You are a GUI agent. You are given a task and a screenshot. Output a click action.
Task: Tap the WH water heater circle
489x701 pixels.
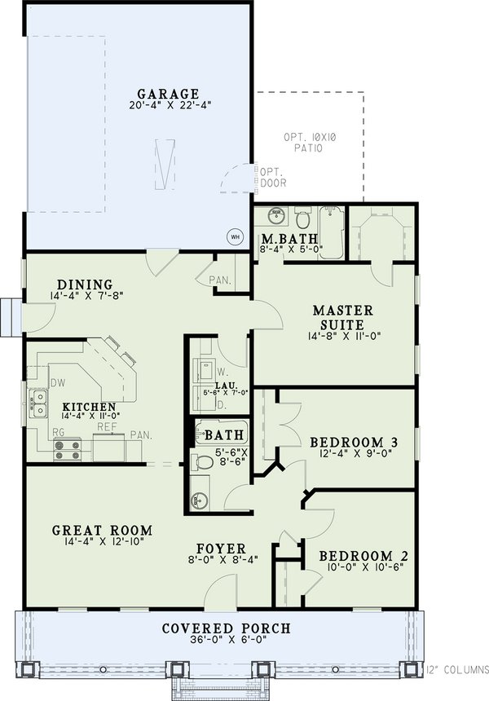click(236, 236)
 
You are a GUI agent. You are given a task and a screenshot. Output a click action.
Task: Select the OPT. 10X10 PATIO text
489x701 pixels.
click(309, 143)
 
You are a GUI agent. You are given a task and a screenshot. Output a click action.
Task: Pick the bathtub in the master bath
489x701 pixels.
click(332, 233)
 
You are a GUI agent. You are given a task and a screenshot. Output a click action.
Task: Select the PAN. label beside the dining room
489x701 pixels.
click(220, 281)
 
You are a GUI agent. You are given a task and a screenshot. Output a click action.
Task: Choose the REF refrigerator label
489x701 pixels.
click(108, 425)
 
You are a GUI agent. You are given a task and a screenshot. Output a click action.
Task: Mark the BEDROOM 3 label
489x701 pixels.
click(355, 443)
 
